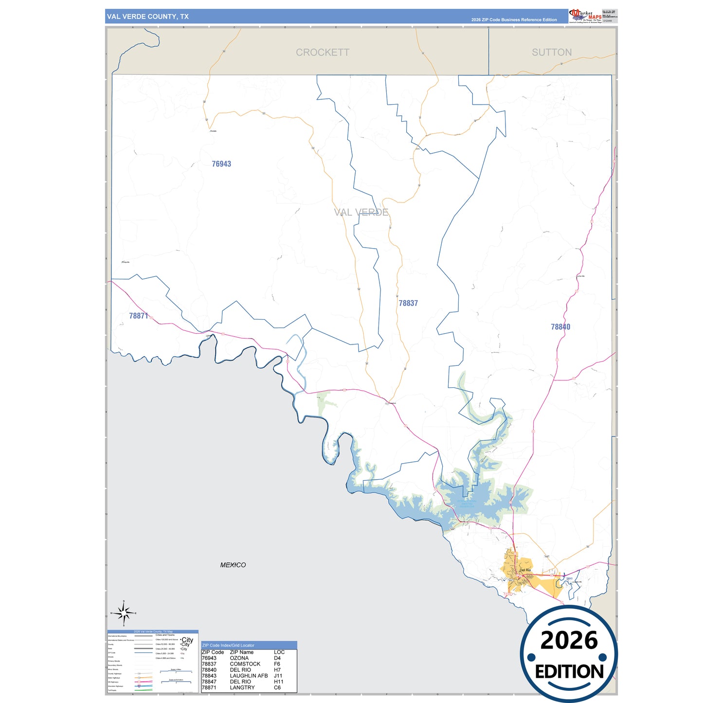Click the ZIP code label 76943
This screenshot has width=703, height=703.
point(221,164)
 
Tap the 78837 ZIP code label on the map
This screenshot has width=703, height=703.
point(408,303)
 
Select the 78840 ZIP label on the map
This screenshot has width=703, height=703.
point(560,327)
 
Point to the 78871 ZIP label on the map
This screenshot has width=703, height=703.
point(139,316)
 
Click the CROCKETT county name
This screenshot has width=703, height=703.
point(323,53)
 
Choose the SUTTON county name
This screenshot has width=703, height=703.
point(552,53)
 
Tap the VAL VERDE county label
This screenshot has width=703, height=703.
point(361,212)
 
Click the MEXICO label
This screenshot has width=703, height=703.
point(233,565)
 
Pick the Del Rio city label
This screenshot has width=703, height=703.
point(525,570)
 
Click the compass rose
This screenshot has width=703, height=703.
point(124,613)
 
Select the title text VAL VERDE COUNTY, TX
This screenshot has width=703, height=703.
point(148,17)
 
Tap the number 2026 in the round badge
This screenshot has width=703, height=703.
point(569,640)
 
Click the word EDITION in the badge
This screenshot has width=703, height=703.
point(569,672)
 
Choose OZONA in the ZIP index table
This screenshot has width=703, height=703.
point(239,658)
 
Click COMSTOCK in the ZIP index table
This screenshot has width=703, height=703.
point(245,664)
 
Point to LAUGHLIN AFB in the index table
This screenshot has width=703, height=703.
point(249,676)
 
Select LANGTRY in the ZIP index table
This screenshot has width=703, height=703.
point(242,687)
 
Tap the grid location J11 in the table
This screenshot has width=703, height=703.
point(278,676)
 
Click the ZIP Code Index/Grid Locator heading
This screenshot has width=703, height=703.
point(228,646)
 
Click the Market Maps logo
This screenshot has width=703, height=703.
point(585,16)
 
